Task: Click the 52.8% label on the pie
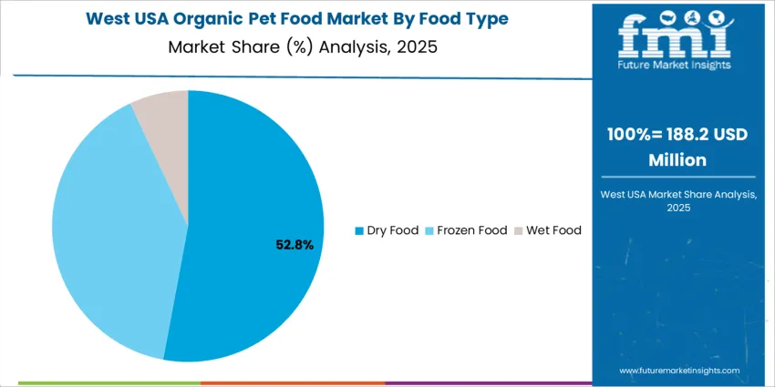294,245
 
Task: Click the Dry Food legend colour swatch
358,230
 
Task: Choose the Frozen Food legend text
471,230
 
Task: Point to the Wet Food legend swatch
519,230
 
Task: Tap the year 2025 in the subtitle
417,46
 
